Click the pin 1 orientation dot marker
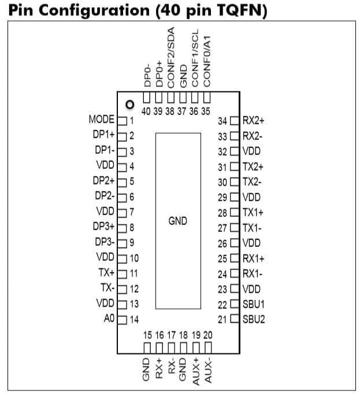[130, 105]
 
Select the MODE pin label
[102, 120]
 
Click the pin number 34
[223, 121]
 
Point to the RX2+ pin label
[253, 121]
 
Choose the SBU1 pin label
[254, 304]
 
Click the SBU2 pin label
[254, 319]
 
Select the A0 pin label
[109, 319]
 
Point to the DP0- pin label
[147, 75]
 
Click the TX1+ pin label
[253, 213]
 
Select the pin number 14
[134, 319]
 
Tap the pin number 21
[223, 319]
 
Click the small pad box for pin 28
[234, 213]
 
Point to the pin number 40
[146, 111]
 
